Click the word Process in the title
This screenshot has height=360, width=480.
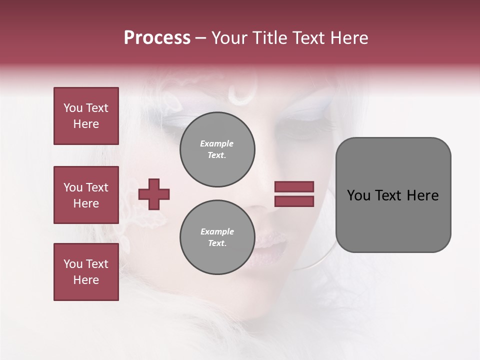pyautogui.click(x=157, y=38)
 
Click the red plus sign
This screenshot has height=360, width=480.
pyautogui.click(x=154, y=194)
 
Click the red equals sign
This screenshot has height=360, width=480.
pyautogui.click(x=294, y=194)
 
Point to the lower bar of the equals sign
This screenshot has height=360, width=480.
pyautogui.click(x=294, y=201)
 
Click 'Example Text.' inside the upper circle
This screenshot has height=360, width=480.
pyautogui.click(x=217, y=149)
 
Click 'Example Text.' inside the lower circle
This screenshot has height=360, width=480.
pyautogui.click(x=217, y=237)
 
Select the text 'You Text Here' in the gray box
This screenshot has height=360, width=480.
pyautogui.click(x=393, y=195)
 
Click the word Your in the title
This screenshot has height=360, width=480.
pyautogui.click(x=229, y=38)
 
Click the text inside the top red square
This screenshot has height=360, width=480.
pyautogui.click(x=86, y=116)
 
